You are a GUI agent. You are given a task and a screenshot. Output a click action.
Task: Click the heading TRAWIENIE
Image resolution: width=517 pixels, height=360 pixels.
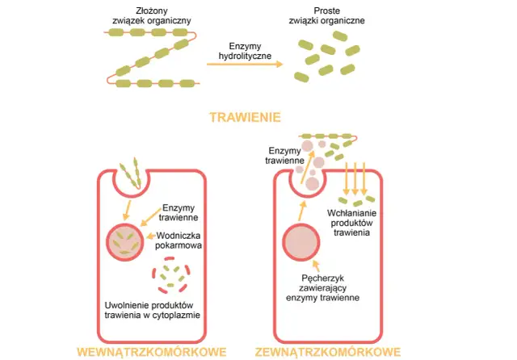(x=245, y=117)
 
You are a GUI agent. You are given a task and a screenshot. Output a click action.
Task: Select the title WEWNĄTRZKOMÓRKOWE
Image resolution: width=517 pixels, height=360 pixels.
(x=150, y=352)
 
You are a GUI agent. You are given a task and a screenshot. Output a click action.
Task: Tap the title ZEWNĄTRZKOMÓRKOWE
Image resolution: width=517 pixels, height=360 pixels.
(x=330, y=352)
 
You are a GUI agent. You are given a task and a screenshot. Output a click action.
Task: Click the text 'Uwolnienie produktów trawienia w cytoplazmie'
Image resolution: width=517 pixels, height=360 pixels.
(x=153, y=310)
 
